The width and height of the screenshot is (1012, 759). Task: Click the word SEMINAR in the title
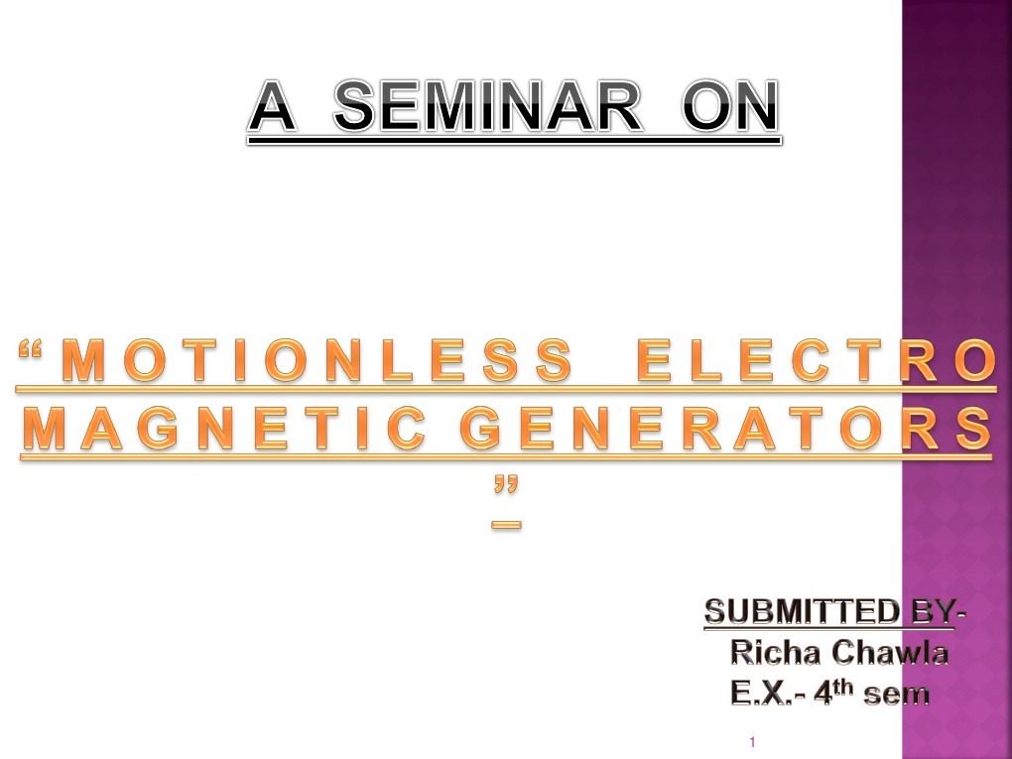tap(486, 107)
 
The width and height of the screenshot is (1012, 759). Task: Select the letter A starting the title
tap(272, 107)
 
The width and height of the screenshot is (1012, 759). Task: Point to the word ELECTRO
tap(814, 362)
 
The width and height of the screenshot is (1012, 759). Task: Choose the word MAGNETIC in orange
tap(226, 429)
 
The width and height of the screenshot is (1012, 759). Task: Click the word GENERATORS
tap(725, 429)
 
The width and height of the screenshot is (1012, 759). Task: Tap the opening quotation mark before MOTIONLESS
tap(34, 353)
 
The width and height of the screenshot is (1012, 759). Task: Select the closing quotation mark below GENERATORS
tap(506, 486)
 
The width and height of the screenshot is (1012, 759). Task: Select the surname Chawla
tap(891, 653)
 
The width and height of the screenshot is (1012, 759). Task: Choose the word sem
tap(896, 695)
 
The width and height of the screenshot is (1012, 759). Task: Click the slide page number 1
tap(753, 742)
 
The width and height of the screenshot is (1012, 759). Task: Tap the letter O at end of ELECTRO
tap(973, 362)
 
